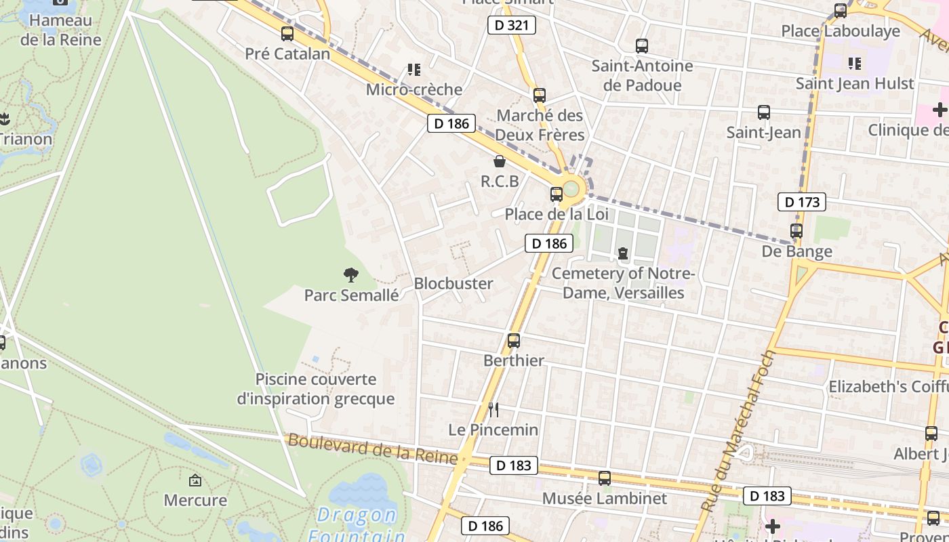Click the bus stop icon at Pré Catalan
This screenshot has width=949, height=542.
287,33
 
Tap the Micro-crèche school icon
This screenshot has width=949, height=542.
413,70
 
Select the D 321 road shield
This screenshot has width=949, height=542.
512,26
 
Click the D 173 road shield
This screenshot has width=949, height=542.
803,201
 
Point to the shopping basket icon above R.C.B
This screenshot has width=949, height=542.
500,161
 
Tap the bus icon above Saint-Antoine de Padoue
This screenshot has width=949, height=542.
641,46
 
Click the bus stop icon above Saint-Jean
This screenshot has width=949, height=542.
764,112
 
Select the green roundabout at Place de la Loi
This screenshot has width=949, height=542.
571,188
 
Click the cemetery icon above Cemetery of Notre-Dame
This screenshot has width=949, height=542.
623,253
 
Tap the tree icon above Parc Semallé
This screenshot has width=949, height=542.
350,275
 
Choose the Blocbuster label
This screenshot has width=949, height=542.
453,283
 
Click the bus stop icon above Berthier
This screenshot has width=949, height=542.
514,340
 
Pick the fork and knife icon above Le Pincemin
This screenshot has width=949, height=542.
493,409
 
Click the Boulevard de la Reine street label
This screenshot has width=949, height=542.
373,449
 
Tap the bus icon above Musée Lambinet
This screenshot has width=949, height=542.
605,478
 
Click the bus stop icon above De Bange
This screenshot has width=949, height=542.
796,231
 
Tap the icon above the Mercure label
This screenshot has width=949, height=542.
195,480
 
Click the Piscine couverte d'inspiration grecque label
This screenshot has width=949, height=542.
316,389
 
